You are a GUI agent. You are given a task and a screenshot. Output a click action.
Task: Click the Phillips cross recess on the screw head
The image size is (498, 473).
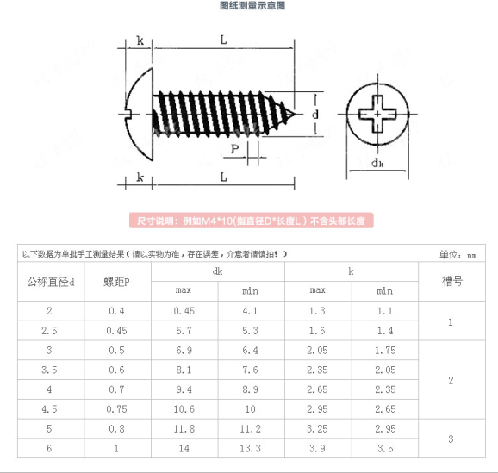(x=377, y=114)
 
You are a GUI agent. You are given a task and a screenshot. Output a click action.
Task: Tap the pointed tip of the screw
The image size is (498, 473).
(x=296, y=114)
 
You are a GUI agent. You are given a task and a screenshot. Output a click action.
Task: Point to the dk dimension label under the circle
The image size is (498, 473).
(x=377, y=164)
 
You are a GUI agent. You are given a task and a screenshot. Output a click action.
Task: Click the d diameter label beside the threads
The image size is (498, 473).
(x=315, y=115)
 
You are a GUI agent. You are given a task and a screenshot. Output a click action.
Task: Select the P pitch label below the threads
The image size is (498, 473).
(x=234, y=149)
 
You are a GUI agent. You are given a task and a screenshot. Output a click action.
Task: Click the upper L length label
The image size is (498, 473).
(x=224, y=40)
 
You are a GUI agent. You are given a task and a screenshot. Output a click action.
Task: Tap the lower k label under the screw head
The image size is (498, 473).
(x=140, y=177)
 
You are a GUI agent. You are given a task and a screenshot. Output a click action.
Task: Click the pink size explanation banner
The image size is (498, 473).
(x=252, y=221)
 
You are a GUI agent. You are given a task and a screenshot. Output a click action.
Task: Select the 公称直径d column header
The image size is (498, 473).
(x=51, y=282)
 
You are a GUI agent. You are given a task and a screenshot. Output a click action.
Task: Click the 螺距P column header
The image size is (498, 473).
(x=117, y=282)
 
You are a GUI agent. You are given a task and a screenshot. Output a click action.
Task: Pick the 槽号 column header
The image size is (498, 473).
(x=452, y=281)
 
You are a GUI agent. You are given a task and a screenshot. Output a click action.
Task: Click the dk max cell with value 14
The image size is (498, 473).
(x=184, y=449)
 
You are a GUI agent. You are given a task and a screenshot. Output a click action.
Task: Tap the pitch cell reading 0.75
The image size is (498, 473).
(x=116, y=409)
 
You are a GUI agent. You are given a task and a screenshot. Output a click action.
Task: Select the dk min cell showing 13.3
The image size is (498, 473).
(x=250, y=449)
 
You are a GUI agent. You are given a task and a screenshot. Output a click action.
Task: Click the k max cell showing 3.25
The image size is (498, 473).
(x=317, y=429)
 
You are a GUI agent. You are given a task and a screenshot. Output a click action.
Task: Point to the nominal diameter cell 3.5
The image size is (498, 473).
(x=49, y=370)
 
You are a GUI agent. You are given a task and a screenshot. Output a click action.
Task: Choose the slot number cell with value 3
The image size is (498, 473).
(x=451, y=439)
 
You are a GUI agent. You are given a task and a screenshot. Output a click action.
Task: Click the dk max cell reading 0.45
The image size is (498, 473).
(x=184, y=311)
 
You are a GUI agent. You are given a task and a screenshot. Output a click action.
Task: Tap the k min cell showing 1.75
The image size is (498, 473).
(x=385, y=351)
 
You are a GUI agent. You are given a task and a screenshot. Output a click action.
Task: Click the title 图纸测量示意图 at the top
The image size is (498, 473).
(x=252, y=5)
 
